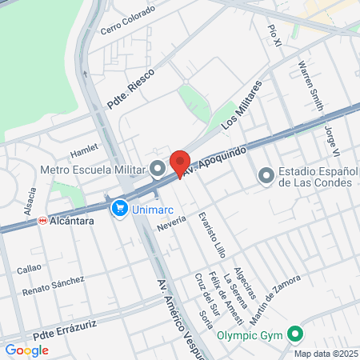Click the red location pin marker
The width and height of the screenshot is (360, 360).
(x=180, y=162)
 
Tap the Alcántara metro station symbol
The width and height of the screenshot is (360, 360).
(x=42, y=220)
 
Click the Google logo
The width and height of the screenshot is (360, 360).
(x=26, y=350)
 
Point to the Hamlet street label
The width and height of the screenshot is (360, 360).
(x=83, y=149)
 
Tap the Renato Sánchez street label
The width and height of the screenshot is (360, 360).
(x=53, y=285)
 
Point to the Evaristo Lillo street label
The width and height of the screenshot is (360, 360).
(x=214, y=233)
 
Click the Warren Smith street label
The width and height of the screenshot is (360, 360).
(x=306, y=86)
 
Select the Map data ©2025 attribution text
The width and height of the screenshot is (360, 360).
(x=325, y=353)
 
